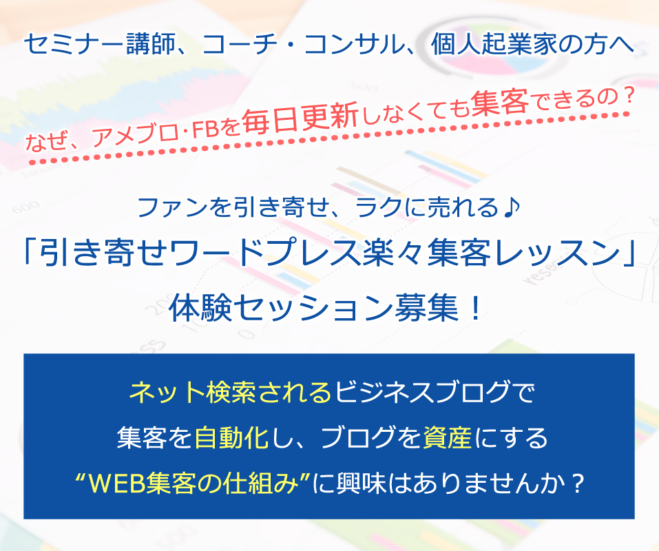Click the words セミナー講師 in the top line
tap(100, 44)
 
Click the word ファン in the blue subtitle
tap(172, 207)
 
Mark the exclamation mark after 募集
tap(475, 308)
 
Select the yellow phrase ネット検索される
tap(231, 391)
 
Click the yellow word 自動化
tap(232, 437)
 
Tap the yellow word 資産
tap(447, 437)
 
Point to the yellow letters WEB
tap(117, 484)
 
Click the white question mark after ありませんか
tap(578, 484)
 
